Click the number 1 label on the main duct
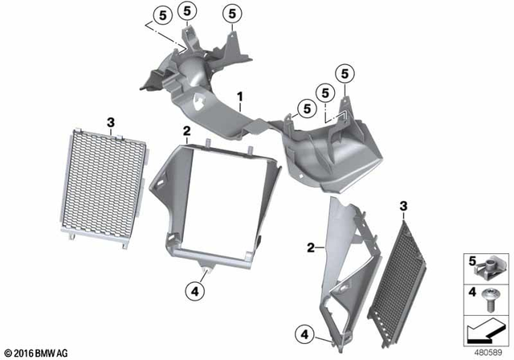[239, 97]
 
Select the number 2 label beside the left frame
[186, 130]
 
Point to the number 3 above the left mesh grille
[111, 121]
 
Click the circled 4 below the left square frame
[196, 291]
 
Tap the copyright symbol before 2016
[9, 352]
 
